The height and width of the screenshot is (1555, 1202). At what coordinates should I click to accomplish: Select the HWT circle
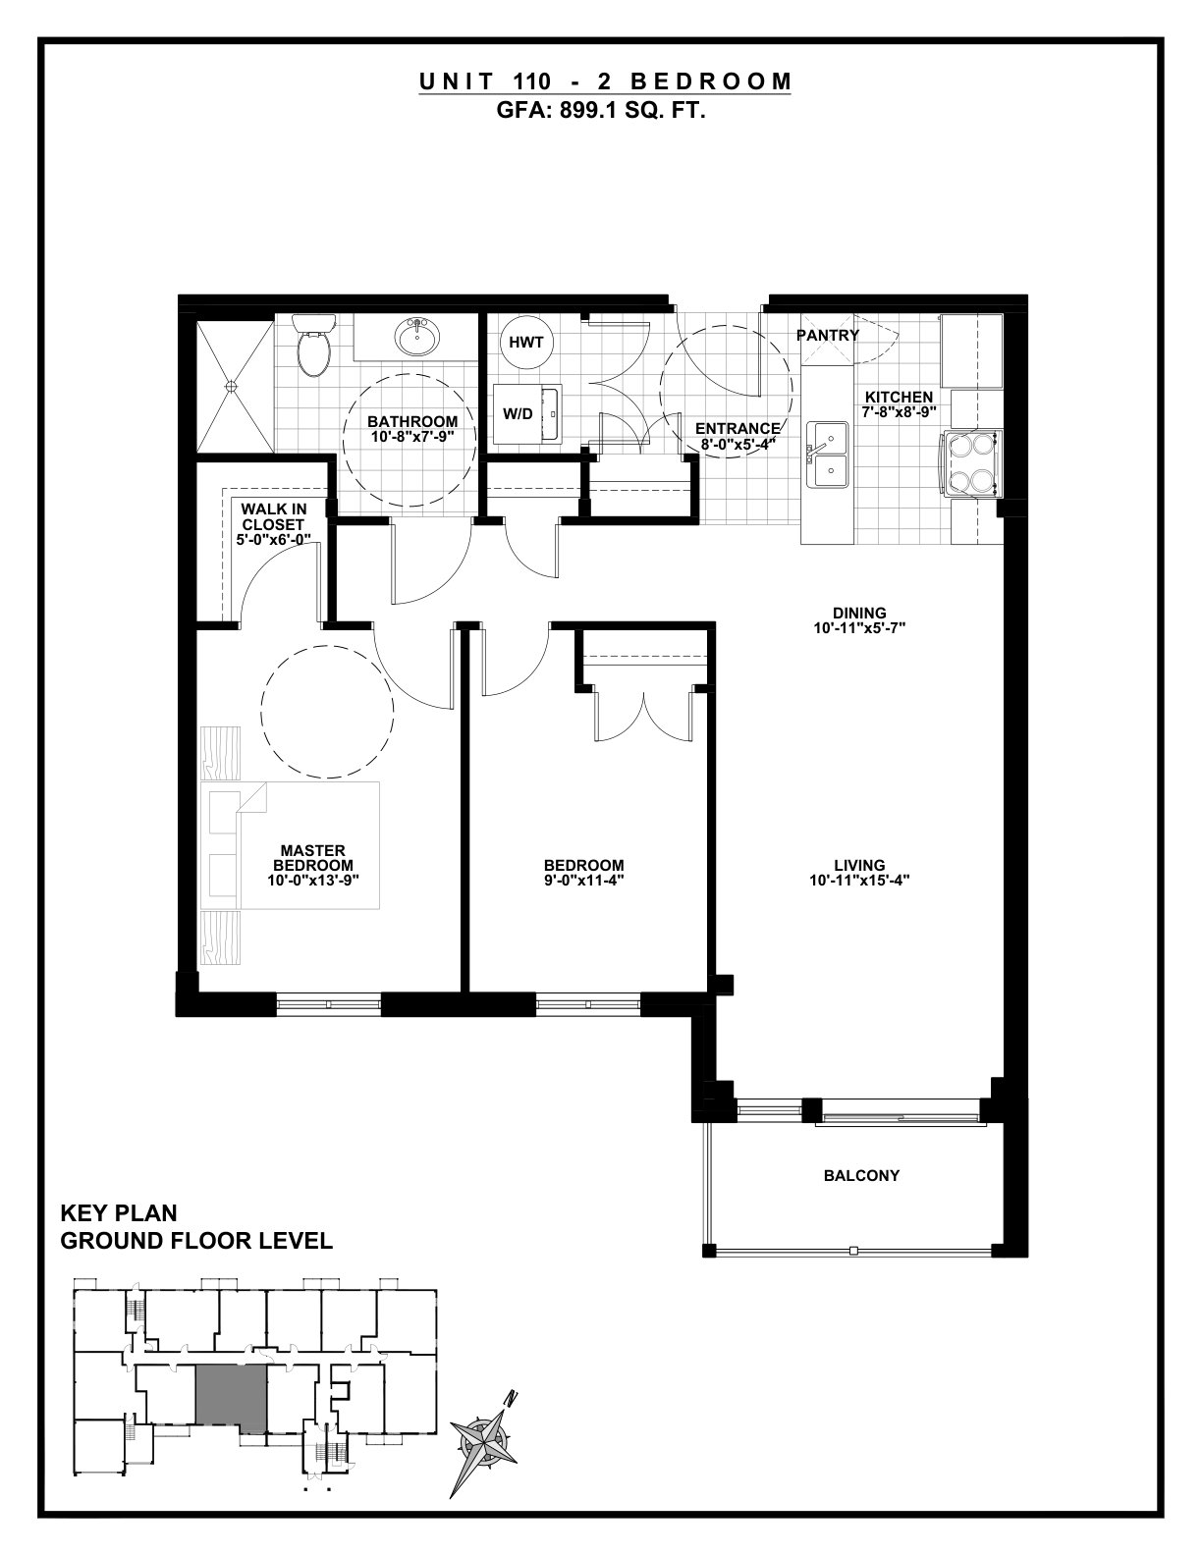[x=526, y=342]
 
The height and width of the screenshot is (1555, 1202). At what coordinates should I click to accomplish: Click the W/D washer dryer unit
[x=527, y=413]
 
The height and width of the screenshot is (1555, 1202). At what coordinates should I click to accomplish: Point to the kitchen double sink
[x=828, y=455]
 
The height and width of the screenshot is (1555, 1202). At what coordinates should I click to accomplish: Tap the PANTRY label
[x=828, y=335]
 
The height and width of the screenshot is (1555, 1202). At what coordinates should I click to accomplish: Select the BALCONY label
[x=861, y=1175]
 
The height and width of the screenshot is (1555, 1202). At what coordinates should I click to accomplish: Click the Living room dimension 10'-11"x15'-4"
[x=859, y=881]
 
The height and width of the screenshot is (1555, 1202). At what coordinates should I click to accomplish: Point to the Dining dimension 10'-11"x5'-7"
[x=859, y=628]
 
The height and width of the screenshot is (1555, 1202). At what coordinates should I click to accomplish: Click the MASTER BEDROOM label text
[x=313, y=858]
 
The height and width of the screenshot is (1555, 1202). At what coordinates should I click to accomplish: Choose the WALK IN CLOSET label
[x=273, y=516]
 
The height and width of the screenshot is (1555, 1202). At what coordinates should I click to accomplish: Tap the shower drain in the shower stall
[x=231, y=386]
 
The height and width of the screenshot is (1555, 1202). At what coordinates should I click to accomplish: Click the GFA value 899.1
[x=577, y=111]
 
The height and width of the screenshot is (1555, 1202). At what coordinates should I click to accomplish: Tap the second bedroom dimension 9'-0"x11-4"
[x=584, y=881]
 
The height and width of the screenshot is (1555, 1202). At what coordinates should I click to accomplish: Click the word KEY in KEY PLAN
[x=84, y=1213]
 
